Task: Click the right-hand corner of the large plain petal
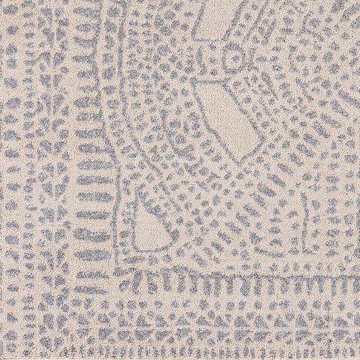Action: (x=261, y=139)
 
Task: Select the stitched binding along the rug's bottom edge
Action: (x=180, y=353)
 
